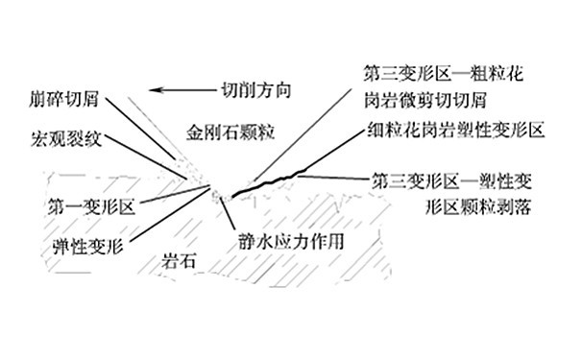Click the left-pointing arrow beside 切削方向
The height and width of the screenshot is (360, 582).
[x=177, y=91]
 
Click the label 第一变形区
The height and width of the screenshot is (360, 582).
[x=91, y=204]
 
